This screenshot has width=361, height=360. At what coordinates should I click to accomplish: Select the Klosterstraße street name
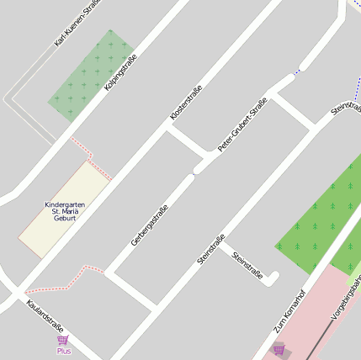point(186,103)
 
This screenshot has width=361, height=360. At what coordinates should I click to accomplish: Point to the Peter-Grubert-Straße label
point(242,124)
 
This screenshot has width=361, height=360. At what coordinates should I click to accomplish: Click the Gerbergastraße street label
point(150,225)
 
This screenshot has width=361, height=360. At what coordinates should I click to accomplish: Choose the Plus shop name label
point(64,351)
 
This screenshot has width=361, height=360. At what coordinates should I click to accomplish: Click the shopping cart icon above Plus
point(63,340)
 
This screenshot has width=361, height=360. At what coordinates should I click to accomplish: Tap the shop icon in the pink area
point(279,348)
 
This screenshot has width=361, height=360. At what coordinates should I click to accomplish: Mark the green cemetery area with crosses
point(91,74)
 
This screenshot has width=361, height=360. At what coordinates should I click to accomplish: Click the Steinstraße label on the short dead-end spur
point(248,265)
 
